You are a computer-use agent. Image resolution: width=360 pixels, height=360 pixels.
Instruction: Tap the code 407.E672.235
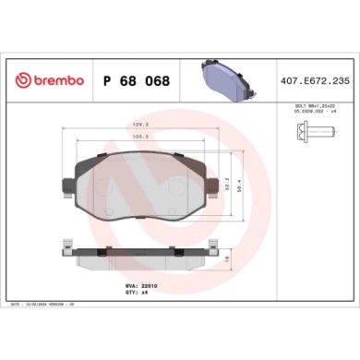[x=314, y=81]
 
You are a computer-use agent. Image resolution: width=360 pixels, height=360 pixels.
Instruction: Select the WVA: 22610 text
[x=136, y=286]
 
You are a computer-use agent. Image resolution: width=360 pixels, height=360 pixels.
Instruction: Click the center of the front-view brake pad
[x=140, y=185]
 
